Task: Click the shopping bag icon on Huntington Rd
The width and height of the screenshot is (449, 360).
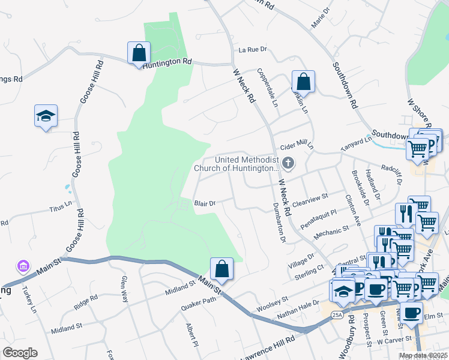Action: click(x=139, y=52)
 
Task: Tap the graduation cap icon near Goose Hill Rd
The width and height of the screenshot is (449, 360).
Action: click(x=46, y=115)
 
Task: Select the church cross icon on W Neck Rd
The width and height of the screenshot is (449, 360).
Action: click(x=289, y=163)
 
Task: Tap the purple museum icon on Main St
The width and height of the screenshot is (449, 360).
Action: click(x=23, y=265)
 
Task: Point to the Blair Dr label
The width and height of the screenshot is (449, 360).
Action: click(x=205, y=204)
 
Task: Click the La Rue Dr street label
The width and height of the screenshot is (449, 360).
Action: click(x=252, y=50)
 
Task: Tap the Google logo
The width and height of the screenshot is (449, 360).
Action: click(x=20, y=353)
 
